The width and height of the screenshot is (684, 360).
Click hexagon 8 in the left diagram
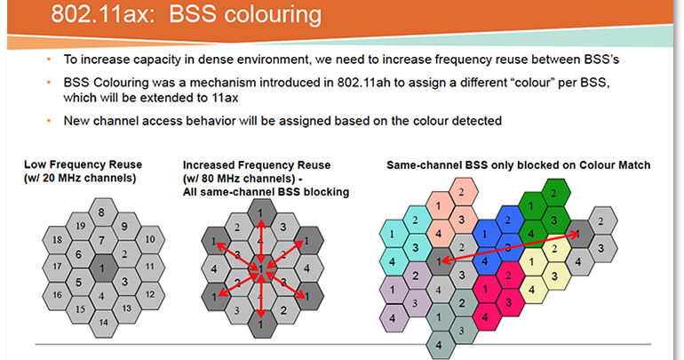point(102,212)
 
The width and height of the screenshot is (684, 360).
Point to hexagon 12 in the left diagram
point(149,294)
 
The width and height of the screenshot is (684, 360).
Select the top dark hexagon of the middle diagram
point(259,213)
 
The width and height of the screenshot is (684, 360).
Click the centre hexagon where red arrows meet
point(259,268)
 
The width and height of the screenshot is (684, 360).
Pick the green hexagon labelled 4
point(530,233)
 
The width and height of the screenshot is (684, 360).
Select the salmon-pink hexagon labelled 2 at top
point(461,191)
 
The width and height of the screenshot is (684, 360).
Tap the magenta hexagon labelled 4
point(485,316)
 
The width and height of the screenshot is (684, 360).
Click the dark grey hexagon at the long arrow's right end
point(580,233)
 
